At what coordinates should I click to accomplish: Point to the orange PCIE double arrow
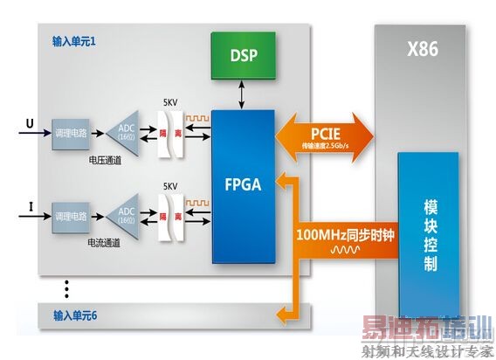tap(325, 136)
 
